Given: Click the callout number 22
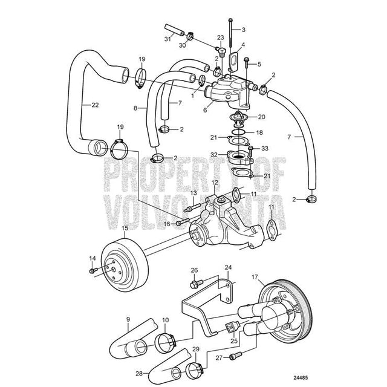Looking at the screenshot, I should click(x=94, y=104).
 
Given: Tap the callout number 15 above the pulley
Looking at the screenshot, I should click(x=125, y=228).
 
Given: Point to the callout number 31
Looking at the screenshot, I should click(x=166, y=40).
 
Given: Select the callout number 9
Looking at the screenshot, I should click(x=128, y=319).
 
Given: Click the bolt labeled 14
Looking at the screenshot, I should click(x=92, y=270).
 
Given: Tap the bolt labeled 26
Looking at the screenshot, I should click(x=195, y=282).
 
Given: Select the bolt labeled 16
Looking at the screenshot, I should click(x=180, y=223).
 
